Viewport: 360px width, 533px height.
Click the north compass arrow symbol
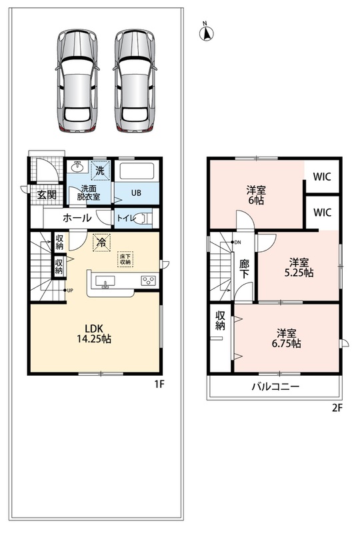click(x=206, y=32)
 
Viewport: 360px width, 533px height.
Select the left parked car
click(x=77, y=81)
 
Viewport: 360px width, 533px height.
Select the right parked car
click(x=135, y=81)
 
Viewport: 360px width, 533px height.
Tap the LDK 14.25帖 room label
click(x=99, y=334)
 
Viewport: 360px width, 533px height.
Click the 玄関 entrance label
click(x=47, y=195)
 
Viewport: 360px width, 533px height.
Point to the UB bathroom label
click(x=136, y=193)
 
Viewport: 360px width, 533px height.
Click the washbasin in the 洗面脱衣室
click(x=79, y=166)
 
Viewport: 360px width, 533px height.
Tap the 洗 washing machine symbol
click(x=101, y=171)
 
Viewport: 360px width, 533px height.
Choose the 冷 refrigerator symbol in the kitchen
click(x=101, y=243)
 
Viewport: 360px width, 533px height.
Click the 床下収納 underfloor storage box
click(x=125, y=259)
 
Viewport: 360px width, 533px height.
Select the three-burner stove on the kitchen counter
click(x=149, y=280)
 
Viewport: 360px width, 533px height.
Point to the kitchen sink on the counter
click(x=105, y=282)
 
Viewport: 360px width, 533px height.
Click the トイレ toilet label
click(x=126, y=218)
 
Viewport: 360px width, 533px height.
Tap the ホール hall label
click(x=77, y=218)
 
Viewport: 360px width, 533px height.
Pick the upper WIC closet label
click(x=322, y=177)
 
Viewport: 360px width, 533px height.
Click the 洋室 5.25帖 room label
click(x=299, y=268)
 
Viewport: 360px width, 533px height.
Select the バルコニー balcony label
click(x=275, y=386)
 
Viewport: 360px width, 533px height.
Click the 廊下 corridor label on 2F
click(x=244, y=269)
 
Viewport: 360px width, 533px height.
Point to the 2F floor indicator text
click(x=337, y=408)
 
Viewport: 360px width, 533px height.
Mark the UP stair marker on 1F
click(x=69, y=290)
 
